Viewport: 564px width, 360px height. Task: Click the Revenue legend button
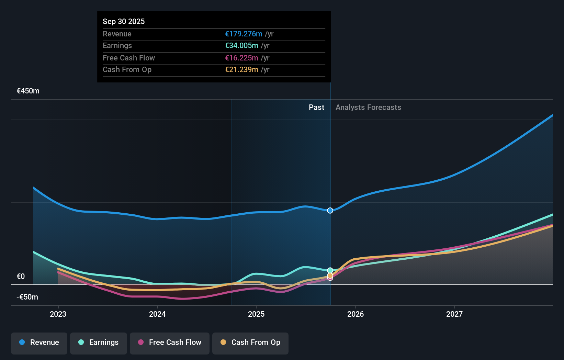pyautogui.click(x=39, y=343)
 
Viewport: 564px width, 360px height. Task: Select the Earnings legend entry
pyautogui.click(x=99, y=343)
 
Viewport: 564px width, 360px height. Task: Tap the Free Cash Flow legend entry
pyautogui.click(x=170, y=343)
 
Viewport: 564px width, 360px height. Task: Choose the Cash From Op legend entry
pyautogui.click(x=250, y=343)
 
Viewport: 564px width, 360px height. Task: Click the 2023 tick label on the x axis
pyautogui.click(x=58, y=314)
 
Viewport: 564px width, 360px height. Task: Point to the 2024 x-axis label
pyautogui.click(x=157, y=314)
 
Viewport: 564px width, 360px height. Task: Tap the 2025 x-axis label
pyautogui.click(x=256, y=314)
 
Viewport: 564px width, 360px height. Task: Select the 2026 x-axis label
pyautogui.click(x=356, y=314)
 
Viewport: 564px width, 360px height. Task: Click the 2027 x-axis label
pyautogui.click(x=454, y=314)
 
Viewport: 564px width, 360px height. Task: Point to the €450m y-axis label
pyautogui.click(x=28, y=91)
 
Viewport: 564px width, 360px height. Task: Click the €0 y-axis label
pyautogui.click(x=21, y=277)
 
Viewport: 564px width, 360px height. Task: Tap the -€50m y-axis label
pyautogui.click(x=27, y=297)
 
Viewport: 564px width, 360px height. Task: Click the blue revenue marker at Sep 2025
pyautogui.click(x=330, y=211)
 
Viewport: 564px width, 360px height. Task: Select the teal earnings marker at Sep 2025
pyautogui.click(x=330, y=270)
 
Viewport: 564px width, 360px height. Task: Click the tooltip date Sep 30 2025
pyautogui.click(x=124, y=21)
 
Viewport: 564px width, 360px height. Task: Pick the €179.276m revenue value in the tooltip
pyautogui.click(x=244, y=34)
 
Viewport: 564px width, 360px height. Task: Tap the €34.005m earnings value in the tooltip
pyautogui.click(x=241, y=45)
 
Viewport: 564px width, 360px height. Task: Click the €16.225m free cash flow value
pyautogui.click(x=241, y=58)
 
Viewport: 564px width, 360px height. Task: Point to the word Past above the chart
pyautogui.click(x=316, y=108)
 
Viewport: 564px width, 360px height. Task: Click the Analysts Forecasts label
pyautogui.click(x=368, y=108)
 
